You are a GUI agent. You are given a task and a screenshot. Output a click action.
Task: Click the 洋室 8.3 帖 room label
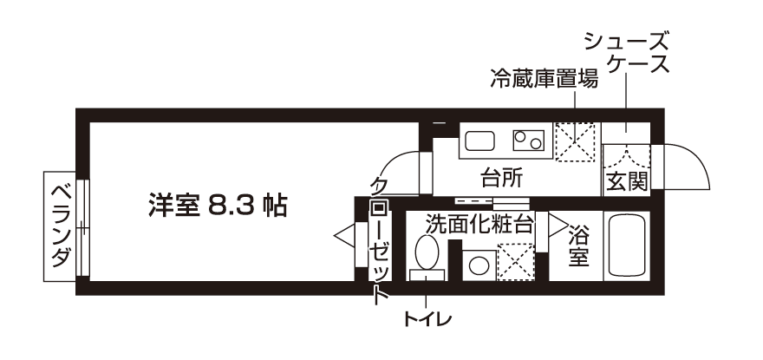(218, 206)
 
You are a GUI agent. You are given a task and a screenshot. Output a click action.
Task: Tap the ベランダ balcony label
(60, 226)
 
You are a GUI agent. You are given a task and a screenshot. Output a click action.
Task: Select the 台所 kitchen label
(502, 179)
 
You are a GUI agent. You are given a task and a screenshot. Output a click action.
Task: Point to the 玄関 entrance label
(627, 181)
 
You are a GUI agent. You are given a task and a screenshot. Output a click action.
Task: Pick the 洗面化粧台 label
(479, 224)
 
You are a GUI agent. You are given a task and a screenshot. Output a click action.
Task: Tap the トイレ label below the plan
(427, 319)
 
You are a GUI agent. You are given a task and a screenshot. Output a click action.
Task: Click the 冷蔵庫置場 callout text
(544, 78)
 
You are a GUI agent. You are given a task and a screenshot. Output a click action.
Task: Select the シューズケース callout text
(626, 52)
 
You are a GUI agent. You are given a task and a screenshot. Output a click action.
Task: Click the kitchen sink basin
(479, 141)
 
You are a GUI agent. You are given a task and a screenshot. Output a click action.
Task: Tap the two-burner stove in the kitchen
(528, 141)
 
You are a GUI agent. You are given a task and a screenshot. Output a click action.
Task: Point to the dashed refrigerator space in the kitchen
(575, 141)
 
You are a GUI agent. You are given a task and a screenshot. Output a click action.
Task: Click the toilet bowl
(427, 252)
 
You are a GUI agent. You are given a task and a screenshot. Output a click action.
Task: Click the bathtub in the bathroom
(627, 245)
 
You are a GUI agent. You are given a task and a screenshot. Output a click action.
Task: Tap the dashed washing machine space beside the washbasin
(516, 262)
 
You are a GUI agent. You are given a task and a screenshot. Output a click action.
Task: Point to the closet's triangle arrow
(345, 236)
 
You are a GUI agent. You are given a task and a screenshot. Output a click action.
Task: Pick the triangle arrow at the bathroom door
(558, 225)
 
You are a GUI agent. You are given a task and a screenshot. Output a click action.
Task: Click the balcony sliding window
(83, 228)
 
